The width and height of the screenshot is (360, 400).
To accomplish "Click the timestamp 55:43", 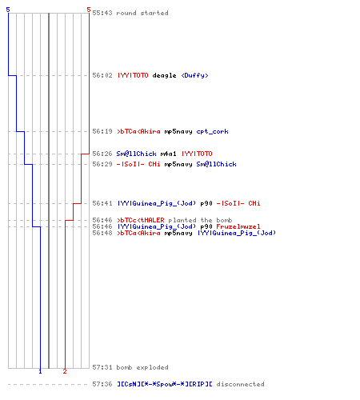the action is tap(102, 13).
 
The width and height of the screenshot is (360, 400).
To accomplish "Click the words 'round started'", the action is tap(142, 13).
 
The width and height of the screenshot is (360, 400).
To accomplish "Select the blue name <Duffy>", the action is tap(194, 75).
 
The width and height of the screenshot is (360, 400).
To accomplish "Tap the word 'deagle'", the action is tap(164, 76).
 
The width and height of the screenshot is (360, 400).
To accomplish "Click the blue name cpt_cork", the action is tap(212, 132).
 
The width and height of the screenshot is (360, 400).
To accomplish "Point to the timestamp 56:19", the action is tap(102, 131).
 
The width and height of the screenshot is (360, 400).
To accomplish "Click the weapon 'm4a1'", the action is tap(168, 154).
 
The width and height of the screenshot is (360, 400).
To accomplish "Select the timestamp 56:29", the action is tap(102, 164).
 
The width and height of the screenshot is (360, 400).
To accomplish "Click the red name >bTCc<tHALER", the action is tap(141, 220).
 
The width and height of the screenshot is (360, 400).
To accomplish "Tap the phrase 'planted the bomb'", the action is tap(200, 220).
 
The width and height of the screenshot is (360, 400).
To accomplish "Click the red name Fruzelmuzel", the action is tap(238, 226).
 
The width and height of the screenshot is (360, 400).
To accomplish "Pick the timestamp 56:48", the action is tap(102, 233).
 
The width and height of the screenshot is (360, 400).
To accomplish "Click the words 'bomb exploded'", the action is tap(142, 367).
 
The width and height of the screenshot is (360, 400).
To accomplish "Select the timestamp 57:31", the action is tap(102, 367).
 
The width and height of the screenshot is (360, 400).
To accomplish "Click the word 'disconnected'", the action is tap(240, 384).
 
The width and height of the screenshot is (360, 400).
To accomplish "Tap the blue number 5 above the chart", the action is tap(8, 10).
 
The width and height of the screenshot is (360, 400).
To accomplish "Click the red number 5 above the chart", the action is tap(89, 10).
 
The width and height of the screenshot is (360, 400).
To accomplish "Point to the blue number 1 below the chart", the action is tap(40, 371).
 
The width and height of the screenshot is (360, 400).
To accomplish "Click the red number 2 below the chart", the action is tap(65, 371).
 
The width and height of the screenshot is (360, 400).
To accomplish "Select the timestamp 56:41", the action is tap(102, 203).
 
